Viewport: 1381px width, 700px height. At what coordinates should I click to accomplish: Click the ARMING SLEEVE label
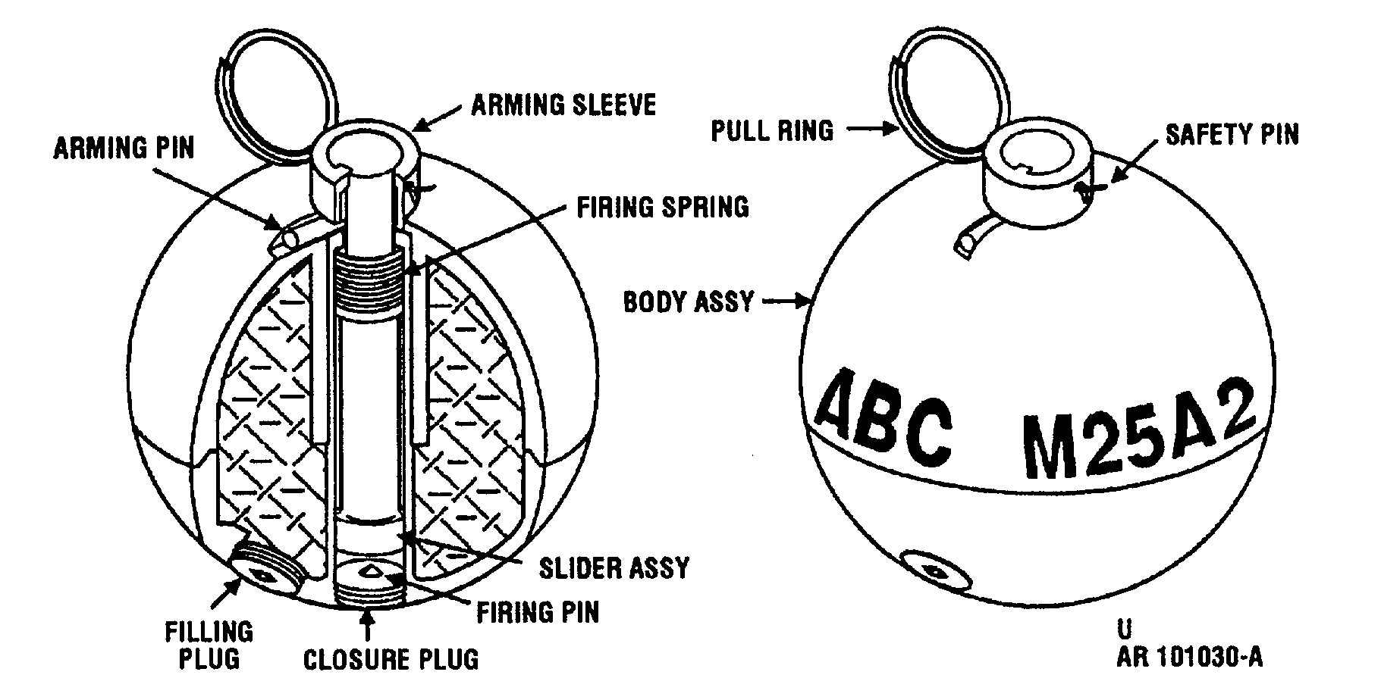(563, 105)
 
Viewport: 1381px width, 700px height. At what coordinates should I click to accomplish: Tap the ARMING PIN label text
(124, 148)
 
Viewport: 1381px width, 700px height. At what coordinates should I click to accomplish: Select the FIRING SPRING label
(663, 207)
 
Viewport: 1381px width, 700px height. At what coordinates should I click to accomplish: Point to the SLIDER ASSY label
(614, 567)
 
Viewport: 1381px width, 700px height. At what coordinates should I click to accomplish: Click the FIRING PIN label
(538, 612)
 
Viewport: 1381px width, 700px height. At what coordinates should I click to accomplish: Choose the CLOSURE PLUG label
(391, 658)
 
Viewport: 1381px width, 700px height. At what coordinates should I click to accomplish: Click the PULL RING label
(772, 131)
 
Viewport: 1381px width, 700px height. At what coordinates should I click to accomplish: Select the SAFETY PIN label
(1232, 135)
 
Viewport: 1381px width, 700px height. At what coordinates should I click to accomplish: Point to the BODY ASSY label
(689, 302)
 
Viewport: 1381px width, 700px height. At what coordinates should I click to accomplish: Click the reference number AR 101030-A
(1189, 656)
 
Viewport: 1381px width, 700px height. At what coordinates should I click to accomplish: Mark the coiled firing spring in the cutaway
(367, 281)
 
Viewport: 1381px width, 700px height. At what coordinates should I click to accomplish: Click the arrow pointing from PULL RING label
(871, 130)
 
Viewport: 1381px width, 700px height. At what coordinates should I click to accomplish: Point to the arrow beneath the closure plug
(369, 626)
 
